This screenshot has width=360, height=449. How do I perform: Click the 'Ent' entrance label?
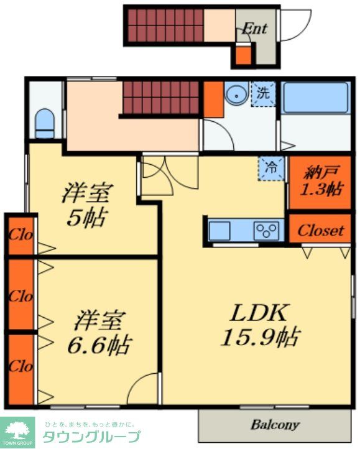click(254, 29)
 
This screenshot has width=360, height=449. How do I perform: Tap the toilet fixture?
click(45, 123)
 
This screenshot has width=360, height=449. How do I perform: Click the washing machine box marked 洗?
click(264, 95)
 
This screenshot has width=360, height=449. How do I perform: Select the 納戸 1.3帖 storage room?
click(320, 182)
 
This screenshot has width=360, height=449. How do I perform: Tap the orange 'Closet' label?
click(320, 230)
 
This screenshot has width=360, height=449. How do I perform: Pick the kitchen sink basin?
click(220, 231)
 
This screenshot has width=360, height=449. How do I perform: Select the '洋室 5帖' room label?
click(86, 205)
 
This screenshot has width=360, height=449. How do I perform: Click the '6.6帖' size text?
click(99, 344)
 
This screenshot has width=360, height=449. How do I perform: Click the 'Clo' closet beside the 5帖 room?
click(20, 236)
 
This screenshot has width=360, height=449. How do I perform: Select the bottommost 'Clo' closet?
click(20, 366)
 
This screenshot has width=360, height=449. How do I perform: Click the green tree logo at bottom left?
click(17, 429)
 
